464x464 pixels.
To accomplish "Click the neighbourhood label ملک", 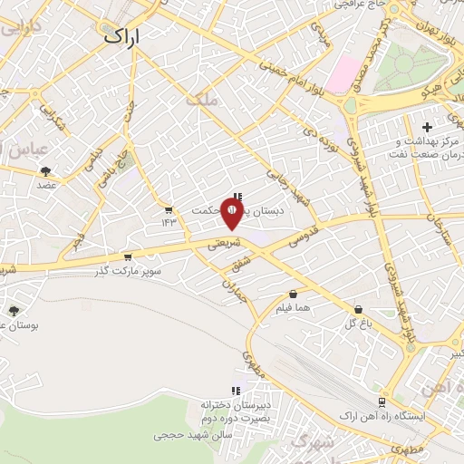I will click(202, 101).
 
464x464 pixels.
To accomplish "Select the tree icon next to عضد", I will click(45, 170).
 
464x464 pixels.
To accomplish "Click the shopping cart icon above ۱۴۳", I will click(168, 208).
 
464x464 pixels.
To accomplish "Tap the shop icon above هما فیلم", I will click(294, 295).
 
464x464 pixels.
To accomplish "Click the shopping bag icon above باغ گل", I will click(359, 308).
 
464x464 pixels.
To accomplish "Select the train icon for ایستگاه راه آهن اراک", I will click(382, 401).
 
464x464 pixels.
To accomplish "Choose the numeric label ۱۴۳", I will click(168, 222).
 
